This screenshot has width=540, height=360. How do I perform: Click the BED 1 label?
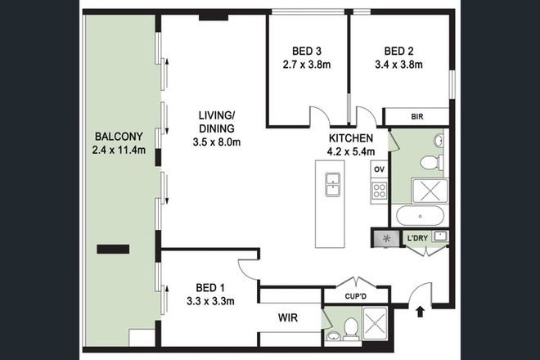coord(210,288)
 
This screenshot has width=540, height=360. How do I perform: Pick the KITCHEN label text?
coord(352,138)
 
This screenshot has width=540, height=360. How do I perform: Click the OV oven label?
coord(378,169)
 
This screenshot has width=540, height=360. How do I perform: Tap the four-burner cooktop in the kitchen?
coord(379,191)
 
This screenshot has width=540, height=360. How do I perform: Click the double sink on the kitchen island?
coord(332,185)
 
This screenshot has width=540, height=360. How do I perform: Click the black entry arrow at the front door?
coord(421,310)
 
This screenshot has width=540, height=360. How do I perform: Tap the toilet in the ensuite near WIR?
coord(349,329)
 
